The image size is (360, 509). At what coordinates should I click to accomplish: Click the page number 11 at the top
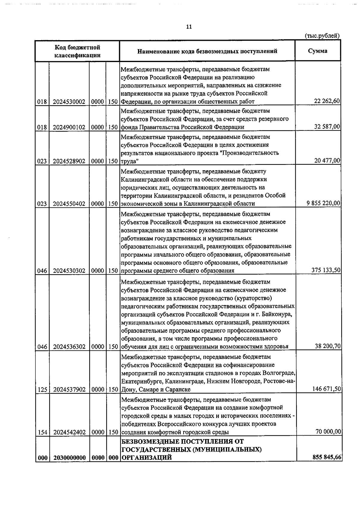pyautogui.click(x=189, y=27)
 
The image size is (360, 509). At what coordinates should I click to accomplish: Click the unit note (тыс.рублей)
pyautogui.click(x=322, y=36)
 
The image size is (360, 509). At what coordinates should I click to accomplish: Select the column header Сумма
pyautogui.click(x=318, y=51)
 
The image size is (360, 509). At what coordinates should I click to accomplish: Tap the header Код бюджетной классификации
pyautogui.click(x=77, y=51)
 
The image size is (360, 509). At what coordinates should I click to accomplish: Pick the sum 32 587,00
pyautogui.click(x=327, y=127)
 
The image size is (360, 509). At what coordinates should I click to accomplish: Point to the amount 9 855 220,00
pyautogui.click(x=323, y=204)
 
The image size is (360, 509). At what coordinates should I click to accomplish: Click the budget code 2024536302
pyautogui.click(x=69, y=347)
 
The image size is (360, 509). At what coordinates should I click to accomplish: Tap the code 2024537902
pyautogui.click(x=69, y=390)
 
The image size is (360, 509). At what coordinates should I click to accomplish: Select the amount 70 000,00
pyautogui.click(x=328, y=432)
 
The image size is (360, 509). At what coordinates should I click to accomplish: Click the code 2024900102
pyautogui.click(x=69, y=127)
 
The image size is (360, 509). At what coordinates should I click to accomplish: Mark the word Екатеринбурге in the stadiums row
pyautogui.click(x=138, y=382)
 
